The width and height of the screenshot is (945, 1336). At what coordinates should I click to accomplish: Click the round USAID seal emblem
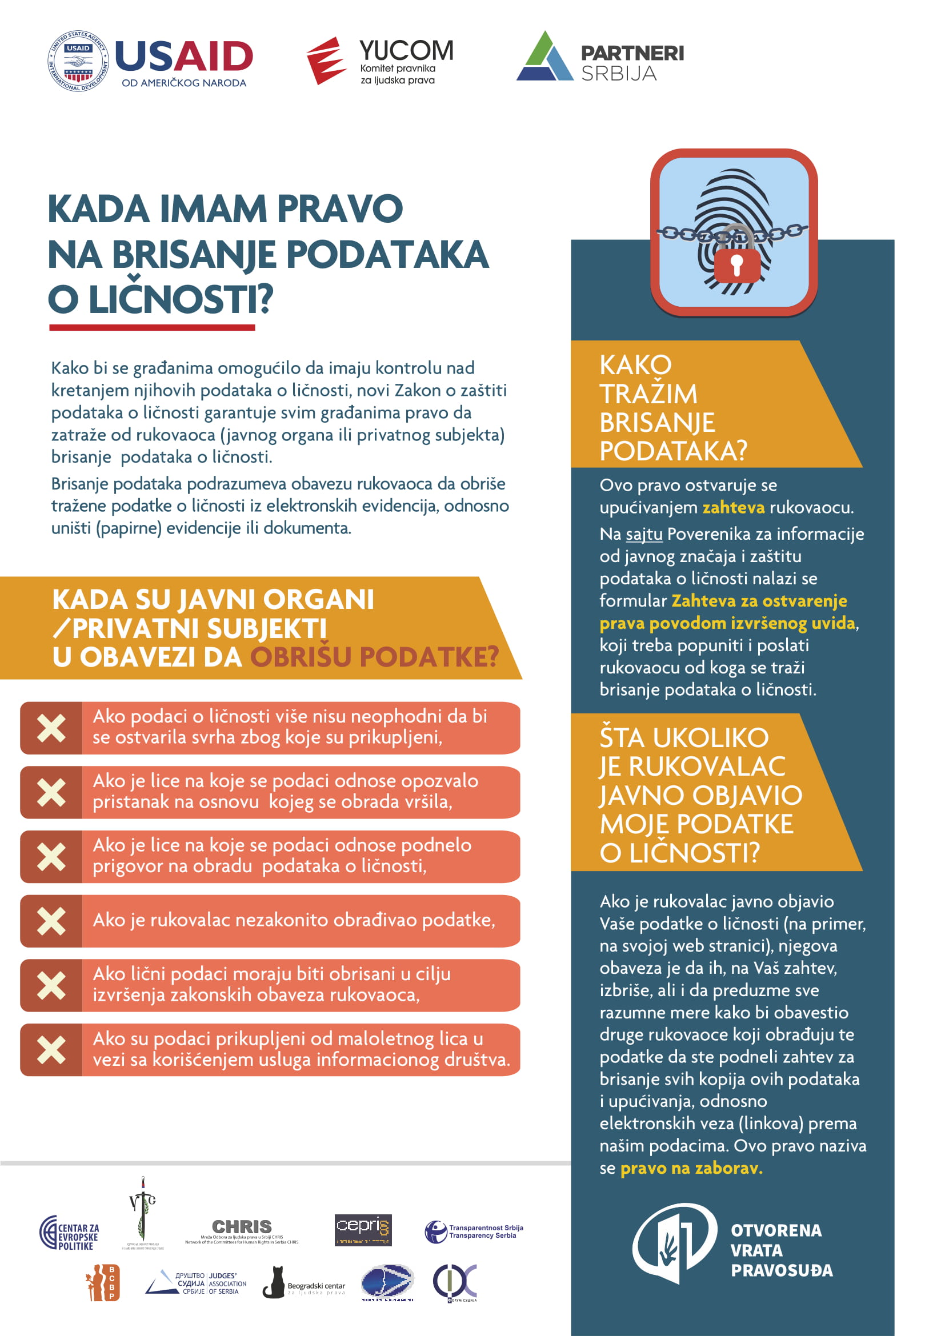tap(78, 61)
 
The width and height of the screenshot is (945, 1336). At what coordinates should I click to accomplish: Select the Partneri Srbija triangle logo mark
tap(544, 57)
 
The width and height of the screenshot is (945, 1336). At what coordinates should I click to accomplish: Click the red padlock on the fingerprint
tap(736, 265)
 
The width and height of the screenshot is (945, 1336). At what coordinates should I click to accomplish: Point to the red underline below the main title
tap(152, 328)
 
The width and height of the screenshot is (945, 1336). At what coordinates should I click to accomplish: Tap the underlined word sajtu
tap(643, 533)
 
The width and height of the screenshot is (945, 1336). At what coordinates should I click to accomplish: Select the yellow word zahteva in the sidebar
tap(732, 507)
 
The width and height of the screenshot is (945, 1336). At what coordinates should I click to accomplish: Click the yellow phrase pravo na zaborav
tap(691, 1168)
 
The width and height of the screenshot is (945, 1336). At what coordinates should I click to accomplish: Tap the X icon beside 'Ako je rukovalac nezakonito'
tap(51, 921)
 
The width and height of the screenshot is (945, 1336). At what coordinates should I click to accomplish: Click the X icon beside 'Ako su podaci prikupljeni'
tap(51, 1050)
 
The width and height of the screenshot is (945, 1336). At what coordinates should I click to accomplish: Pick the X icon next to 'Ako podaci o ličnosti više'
tap(51, 728)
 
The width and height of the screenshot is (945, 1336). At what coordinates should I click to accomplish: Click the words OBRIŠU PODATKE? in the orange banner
tap(374, 657)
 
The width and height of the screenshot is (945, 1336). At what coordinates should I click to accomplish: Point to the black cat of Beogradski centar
tap(274, 1282)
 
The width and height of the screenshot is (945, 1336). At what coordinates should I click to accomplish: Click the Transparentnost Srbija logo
tap(473, 1231)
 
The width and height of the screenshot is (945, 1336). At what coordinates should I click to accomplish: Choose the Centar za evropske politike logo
tap(69, 1233)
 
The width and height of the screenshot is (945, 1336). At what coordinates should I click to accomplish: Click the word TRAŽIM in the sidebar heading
tap(648, 394)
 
